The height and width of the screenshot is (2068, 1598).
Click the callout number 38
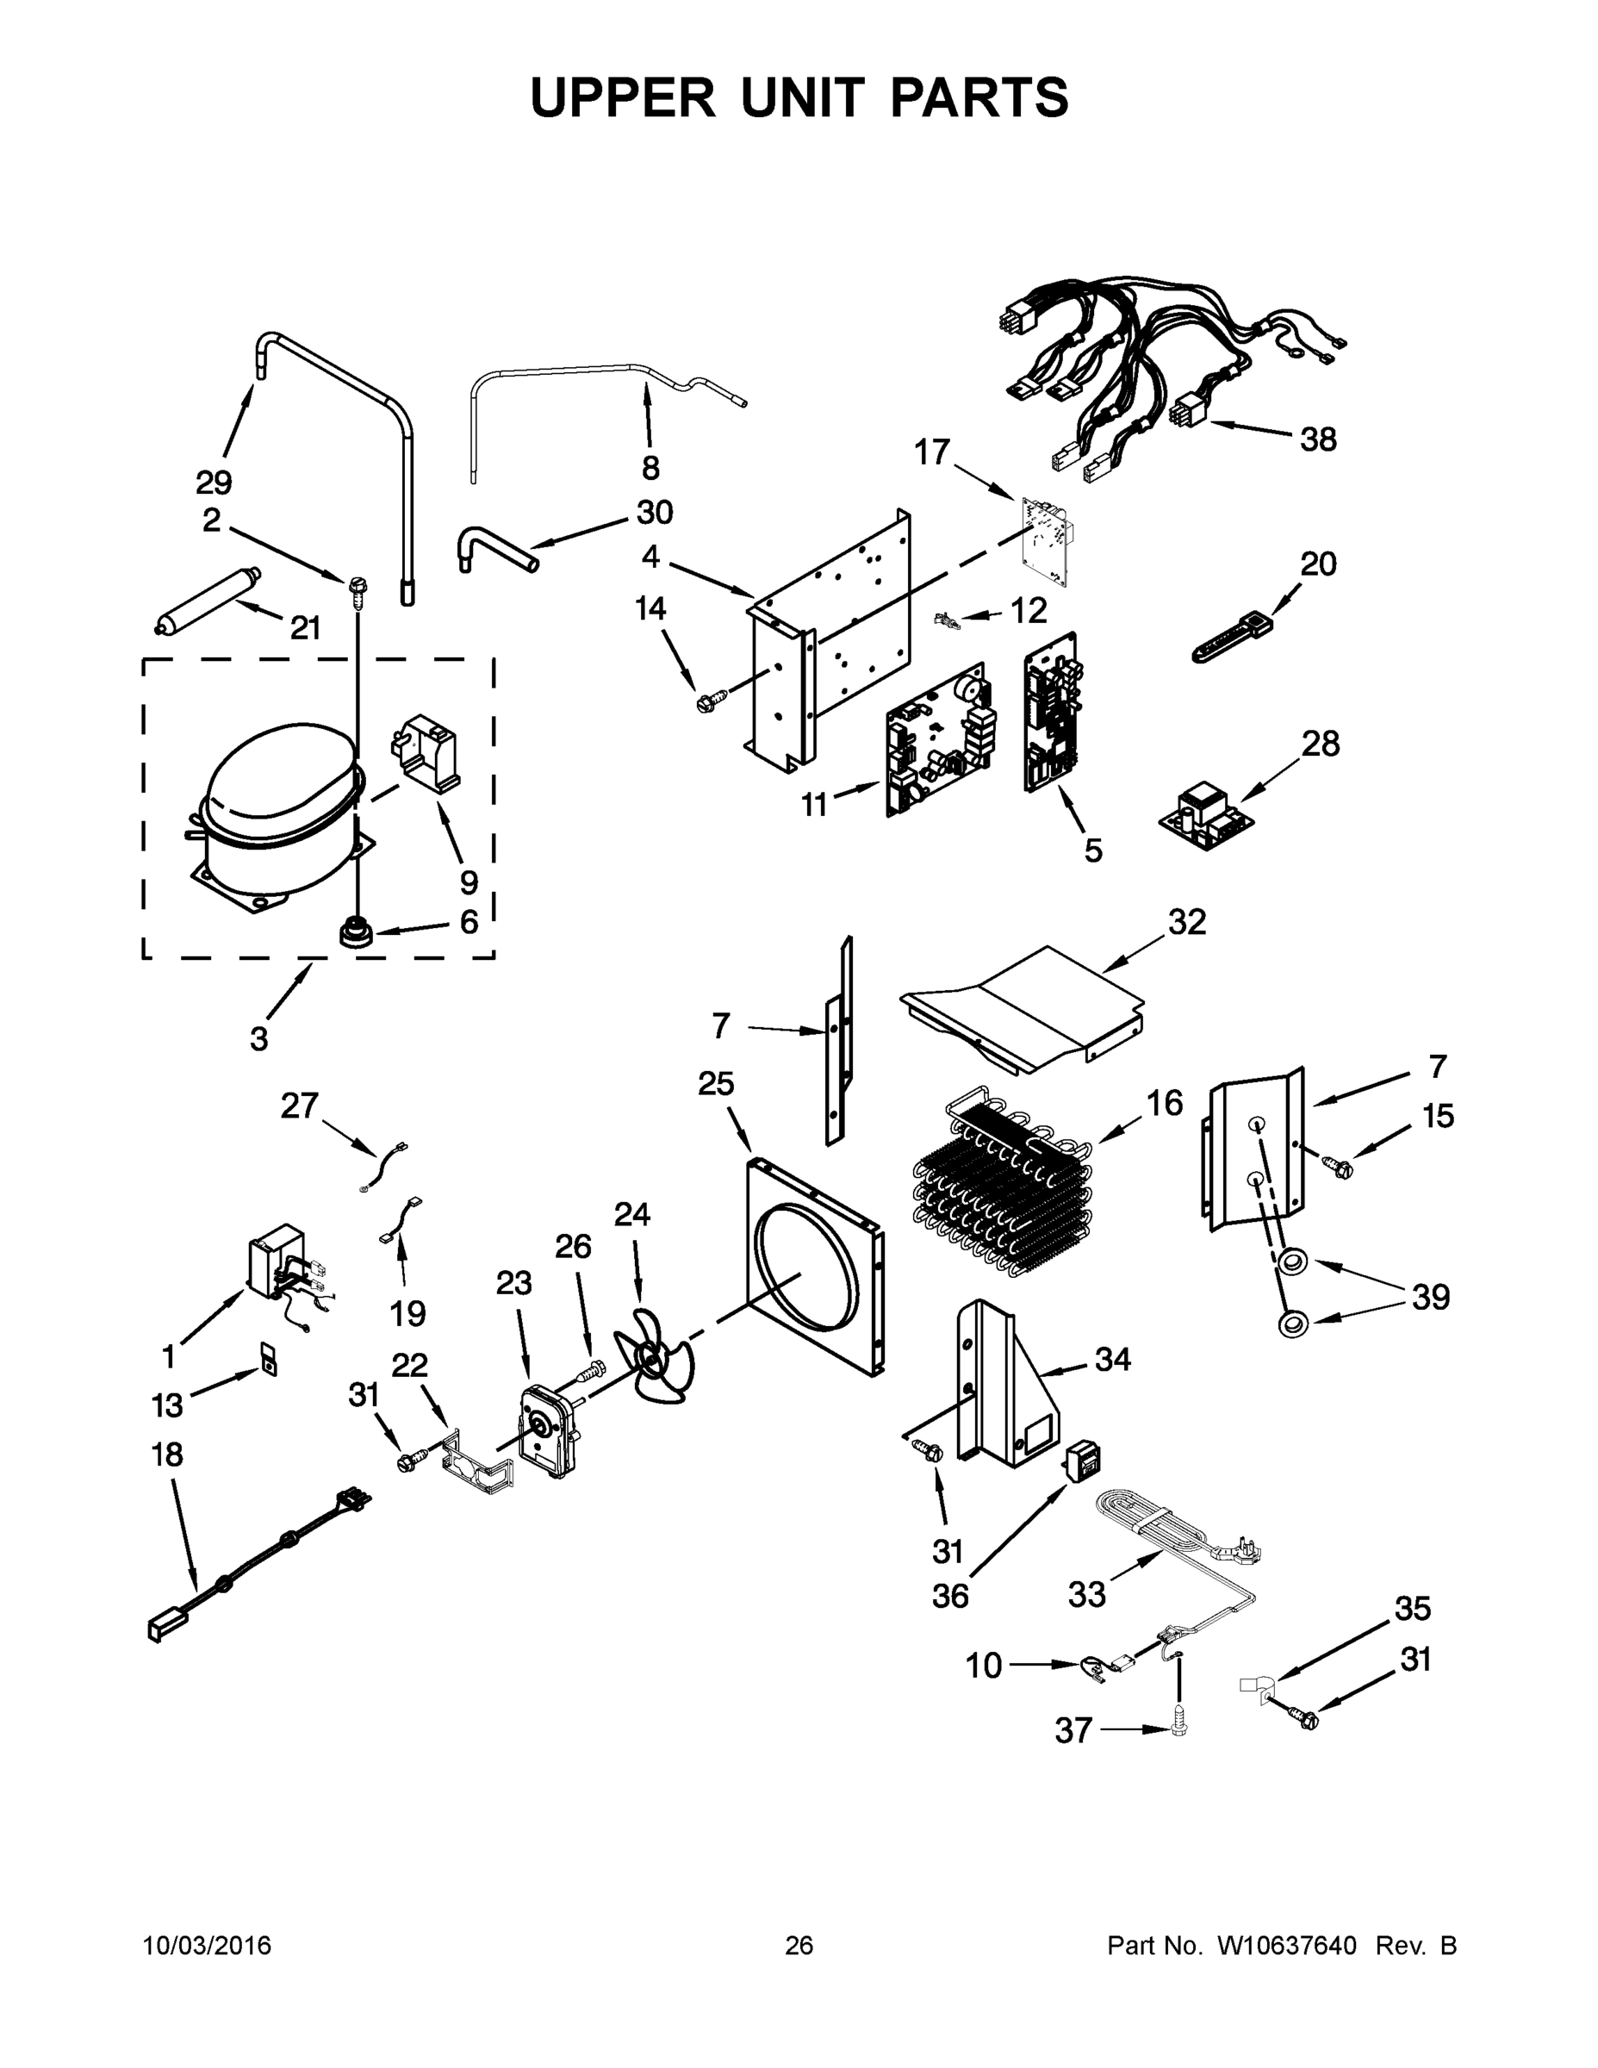pyautogui.click(x=1318, y=439)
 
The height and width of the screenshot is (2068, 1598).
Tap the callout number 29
pyautogui.click(x=214, y=483)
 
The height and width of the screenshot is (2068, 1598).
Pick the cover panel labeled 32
pyautogui.click(x=1023, y=1007)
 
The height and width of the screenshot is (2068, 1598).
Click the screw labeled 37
pyautogui.click(x=1178, y=1727)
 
